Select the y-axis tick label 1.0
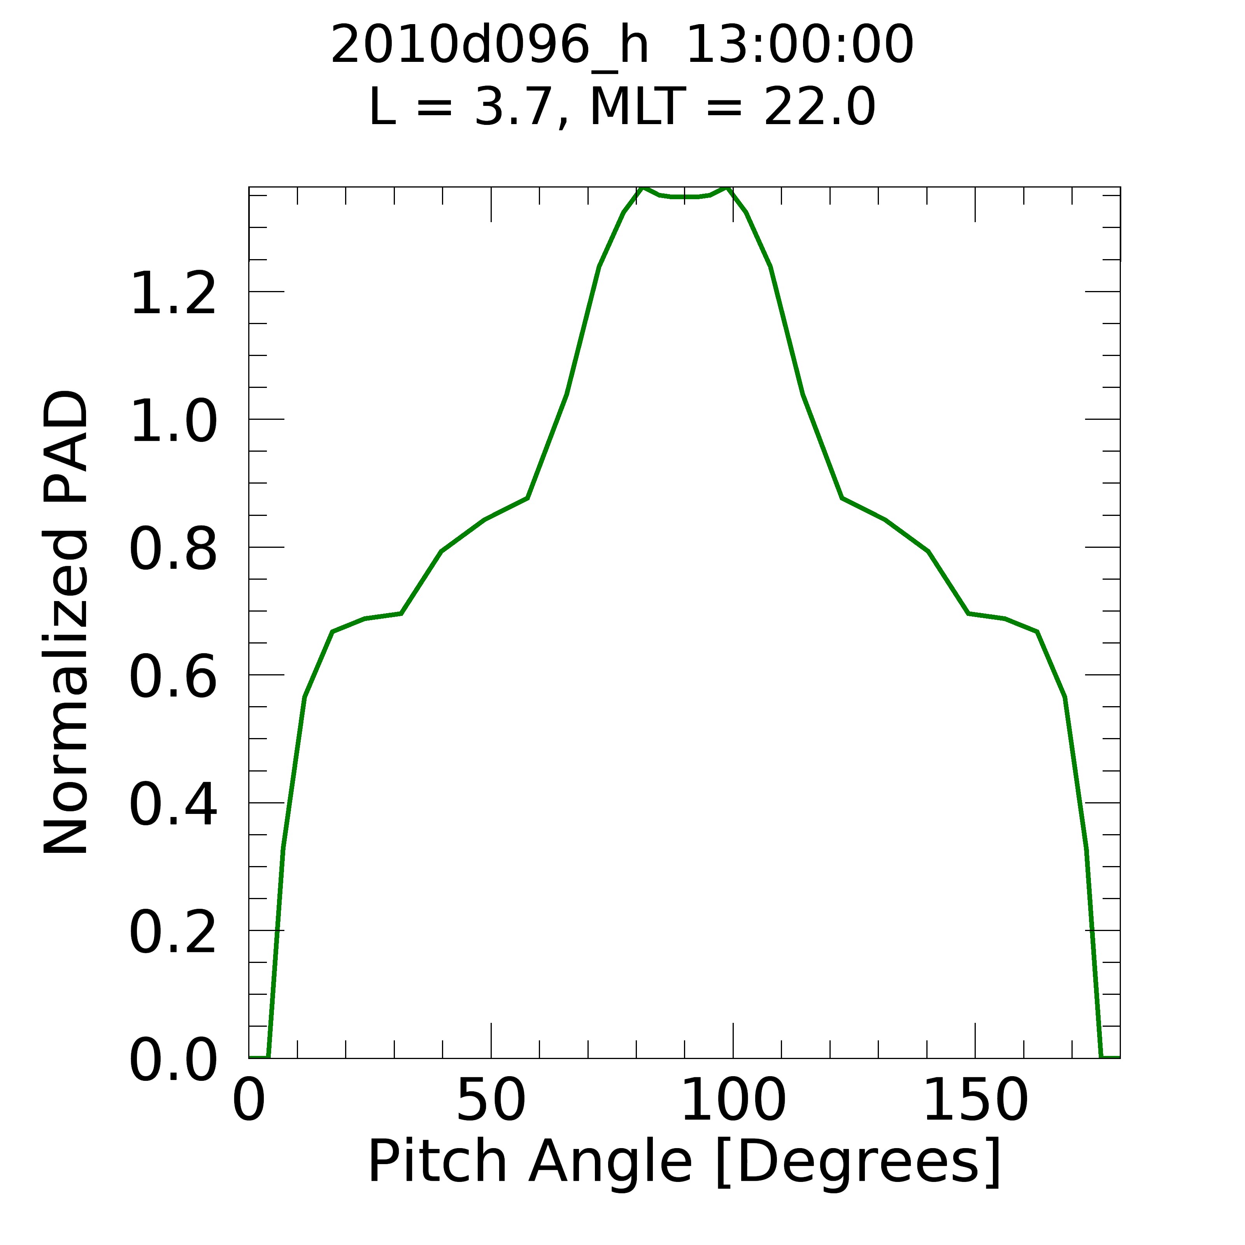[173, 421]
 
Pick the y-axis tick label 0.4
[173, 805]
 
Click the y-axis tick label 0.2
[173, 933]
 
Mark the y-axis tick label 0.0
[173, 1060]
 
